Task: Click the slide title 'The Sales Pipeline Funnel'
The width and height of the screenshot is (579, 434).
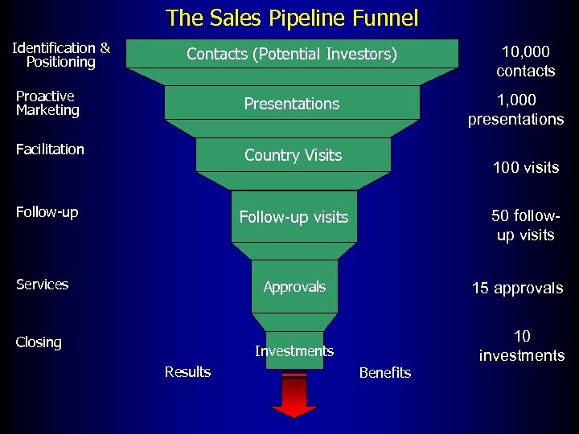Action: click(291, 18)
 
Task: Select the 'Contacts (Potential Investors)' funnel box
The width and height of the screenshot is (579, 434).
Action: click(292, 54)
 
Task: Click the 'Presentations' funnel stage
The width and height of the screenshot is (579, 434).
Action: click(292, 104)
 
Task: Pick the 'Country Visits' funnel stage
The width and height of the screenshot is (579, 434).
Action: click(293, 155)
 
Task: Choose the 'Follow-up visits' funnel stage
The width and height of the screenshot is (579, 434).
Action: click(294, 217)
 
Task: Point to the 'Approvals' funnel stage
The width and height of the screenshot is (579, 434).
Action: click(294, 287)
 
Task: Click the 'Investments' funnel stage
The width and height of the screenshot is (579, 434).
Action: click(294, 350)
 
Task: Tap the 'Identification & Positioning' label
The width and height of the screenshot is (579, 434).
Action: click(61, 55)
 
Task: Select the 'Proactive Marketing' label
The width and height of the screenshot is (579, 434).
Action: click(47, 103)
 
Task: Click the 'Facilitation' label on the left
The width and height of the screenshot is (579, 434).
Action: click(50, 149)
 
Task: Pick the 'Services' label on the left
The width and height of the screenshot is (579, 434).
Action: click(42, 284)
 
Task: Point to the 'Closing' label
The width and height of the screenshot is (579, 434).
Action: click(39, 342)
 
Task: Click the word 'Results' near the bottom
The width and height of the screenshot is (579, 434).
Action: click(187, 371)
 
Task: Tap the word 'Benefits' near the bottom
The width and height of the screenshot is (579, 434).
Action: click(384, 372)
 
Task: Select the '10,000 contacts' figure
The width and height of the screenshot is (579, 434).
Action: click(525, 62)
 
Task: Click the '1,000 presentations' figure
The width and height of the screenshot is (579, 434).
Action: click(515, 110)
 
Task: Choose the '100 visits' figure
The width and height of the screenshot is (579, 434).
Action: click(525, 168)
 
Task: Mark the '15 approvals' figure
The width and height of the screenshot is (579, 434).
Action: click(517, 289)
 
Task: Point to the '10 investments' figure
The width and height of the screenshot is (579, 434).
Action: click(522, 346)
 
